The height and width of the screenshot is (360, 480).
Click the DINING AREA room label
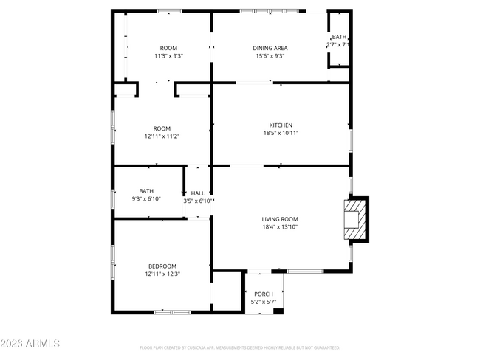(271, 48)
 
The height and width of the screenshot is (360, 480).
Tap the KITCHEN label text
(281, 125)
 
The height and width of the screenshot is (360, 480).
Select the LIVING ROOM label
(279, 219)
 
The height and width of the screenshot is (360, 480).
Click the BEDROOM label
(162, 266)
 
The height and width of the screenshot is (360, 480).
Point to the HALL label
(198, 193)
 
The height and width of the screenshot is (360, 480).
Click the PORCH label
(264, 294)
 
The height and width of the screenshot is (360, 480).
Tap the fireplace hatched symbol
(356, 219)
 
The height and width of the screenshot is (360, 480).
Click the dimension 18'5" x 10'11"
(281, 134)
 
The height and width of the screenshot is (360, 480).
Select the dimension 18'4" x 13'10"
(279, 227)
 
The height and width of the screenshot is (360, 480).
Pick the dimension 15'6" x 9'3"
(271, 56)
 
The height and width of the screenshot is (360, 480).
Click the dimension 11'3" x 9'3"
(168, 56)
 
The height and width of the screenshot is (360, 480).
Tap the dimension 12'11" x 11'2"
(162, 136)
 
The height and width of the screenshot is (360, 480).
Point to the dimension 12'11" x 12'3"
(162, 274)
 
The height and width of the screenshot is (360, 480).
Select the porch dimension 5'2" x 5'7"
(264, 302)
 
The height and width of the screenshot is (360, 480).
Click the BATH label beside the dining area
(338, 37)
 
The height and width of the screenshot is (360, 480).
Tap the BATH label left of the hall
(146, 192)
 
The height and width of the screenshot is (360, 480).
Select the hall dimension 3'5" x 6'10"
(198, 201)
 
